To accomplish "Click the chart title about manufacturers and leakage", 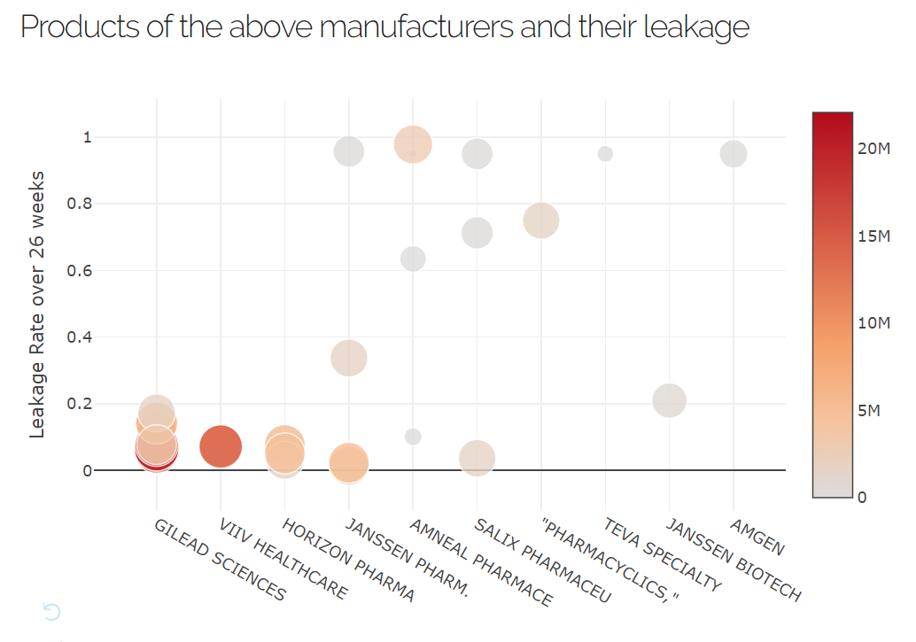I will (384, 27).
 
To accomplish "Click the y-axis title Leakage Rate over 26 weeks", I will (37, 304).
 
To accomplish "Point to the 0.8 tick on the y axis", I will (80, 204).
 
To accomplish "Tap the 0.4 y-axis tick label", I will (80, 337).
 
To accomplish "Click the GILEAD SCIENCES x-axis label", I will (220, 560).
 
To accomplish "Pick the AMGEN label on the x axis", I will (757, 538).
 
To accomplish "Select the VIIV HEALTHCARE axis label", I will (283, 560).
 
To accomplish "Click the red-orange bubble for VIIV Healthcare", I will (221, 445).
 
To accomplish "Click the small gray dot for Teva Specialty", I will (605, 154).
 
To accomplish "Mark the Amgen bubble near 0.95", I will (734, 154).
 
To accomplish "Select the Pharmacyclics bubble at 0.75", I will (541, 220).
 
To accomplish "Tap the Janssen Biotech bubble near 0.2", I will (670, 400).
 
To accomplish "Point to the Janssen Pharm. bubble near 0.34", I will (349, 358).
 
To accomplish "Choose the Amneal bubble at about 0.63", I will (413, 259).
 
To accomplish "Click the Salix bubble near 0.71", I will (477, 233).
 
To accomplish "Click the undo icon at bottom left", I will (51, 612).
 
